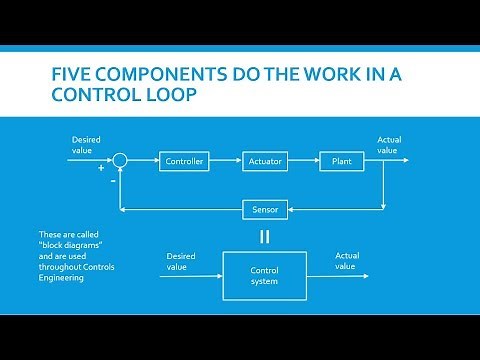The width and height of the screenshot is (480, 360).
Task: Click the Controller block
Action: pyautogui.click(x=184, y=161)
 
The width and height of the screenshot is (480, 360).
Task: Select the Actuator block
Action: pyautogui.click(x=265, y=161)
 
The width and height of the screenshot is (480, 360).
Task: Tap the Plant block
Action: pyautogui.click(x=341, y=161)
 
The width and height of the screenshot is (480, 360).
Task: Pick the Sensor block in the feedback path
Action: pyautogui.click(x=265, y=209)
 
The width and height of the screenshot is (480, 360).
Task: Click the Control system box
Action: pyautogui.click(x=265, y=275)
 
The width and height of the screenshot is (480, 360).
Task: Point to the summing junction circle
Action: pyautogui.click(x=120, y=160)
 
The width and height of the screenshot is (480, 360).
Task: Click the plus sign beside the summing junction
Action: pyautogui.click(x=101, y=168)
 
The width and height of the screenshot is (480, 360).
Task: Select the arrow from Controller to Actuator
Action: pyautogui.click(x=226, y=161)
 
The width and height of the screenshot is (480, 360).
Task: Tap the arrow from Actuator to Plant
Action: pyautogui.click(x=304, y=161)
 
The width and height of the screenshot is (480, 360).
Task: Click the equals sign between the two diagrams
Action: pyautogui.click(x=265, y=236)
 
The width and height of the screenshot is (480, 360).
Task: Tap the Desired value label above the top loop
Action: pyautogui.click(x=86, y=144)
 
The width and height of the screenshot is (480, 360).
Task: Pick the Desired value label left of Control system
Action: pyautogui.click(x=181, y=261)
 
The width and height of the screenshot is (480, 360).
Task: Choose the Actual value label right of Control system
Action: pyautogui.click(x=347, y=261)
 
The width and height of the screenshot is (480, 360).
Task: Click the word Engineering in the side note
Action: pyautogui.click(x=61, y=278)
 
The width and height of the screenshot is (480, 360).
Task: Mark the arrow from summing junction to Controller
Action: pyautogui.click(x=142, y=161)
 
